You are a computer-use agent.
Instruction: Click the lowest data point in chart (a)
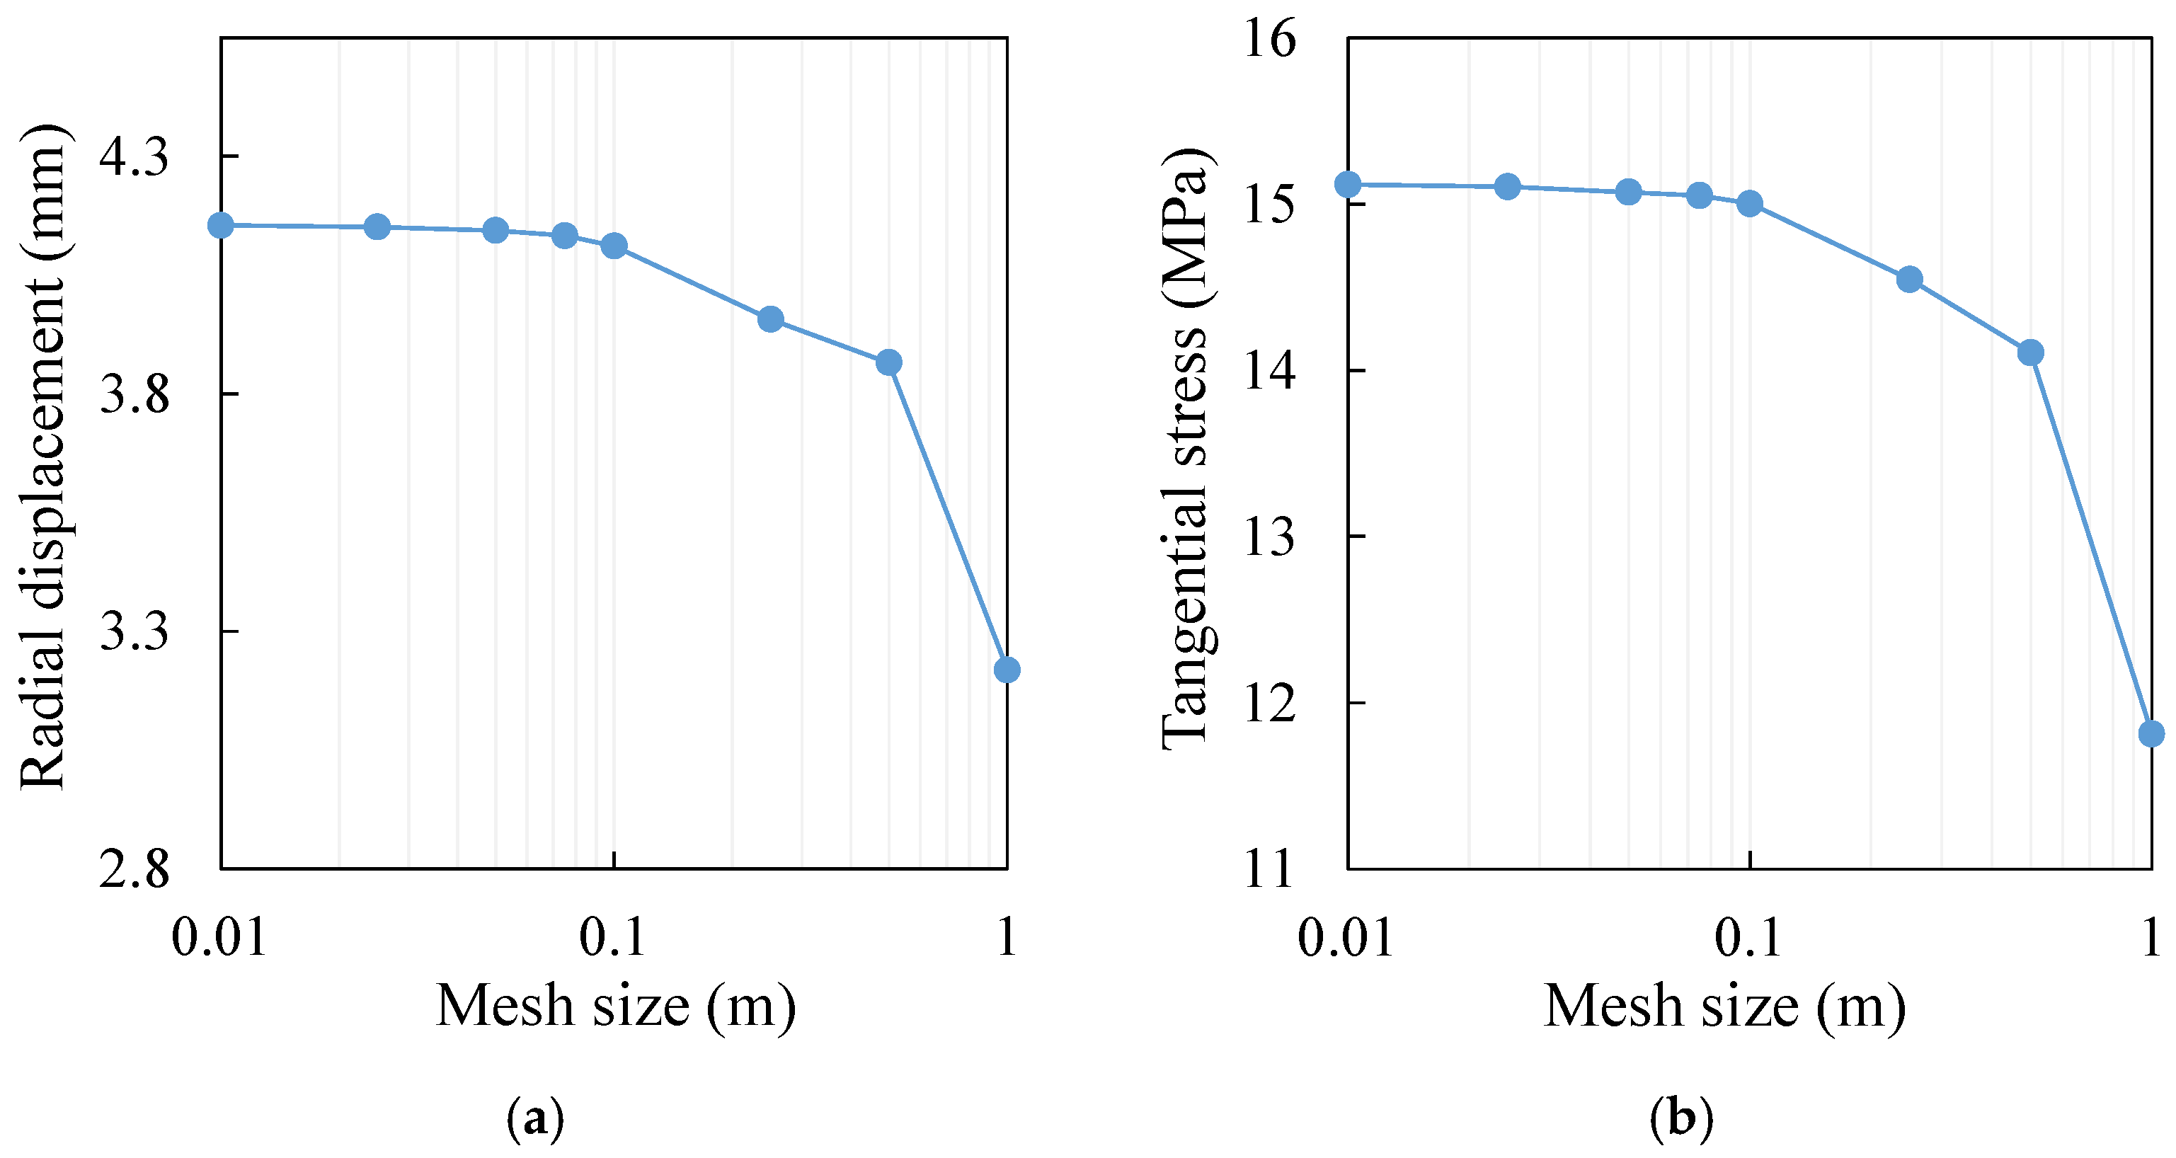[1007, 670]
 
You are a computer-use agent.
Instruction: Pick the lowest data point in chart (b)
[2151, 734]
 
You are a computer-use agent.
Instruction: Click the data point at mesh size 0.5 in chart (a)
[888, 362]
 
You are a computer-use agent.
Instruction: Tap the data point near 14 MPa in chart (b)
[2031, 353]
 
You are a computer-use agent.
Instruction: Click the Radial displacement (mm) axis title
[42, 456]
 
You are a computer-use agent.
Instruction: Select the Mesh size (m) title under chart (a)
[616, 1006]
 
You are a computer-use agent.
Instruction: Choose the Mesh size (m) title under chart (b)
[1725, 1006]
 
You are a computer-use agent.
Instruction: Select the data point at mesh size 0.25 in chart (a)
[770, 319]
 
